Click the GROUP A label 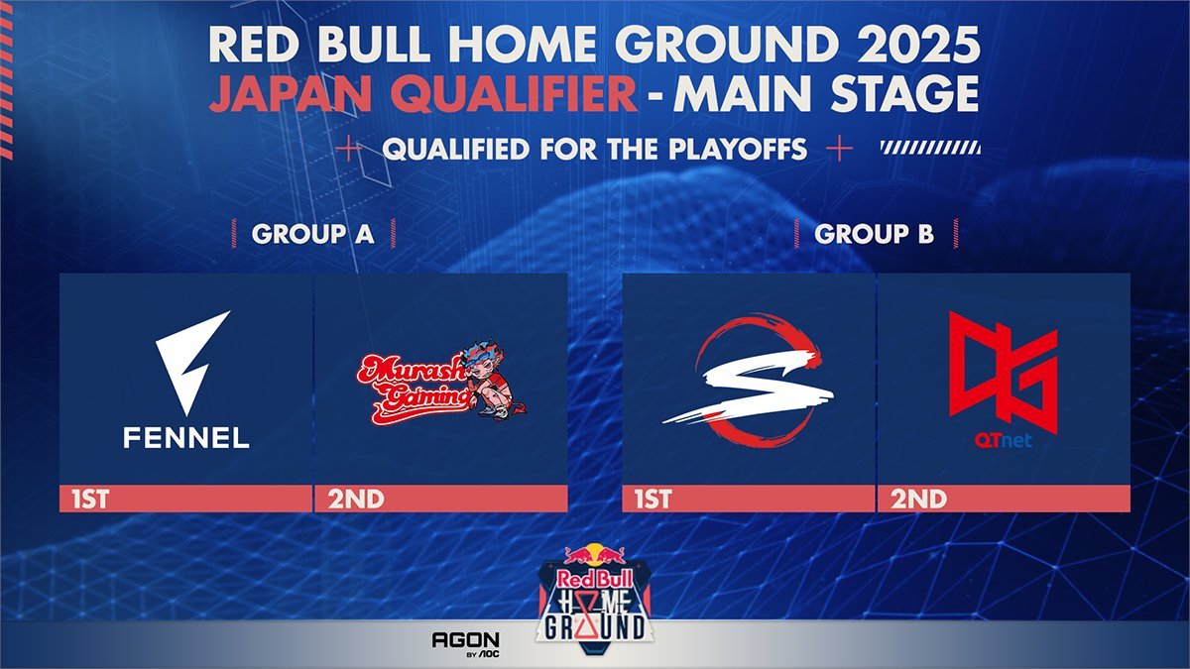pos(313,234)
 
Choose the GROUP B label pos(874,234)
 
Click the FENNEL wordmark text pos(186,438)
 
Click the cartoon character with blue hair pos(492,379)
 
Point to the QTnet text pos(1004,441)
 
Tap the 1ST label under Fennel pos(90,500)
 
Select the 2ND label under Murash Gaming pos(355,500)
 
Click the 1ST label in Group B pos(653,500)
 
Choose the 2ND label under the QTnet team pos(918,500)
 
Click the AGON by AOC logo pos(466,644)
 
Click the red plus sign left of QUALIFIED pos(348,150)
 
